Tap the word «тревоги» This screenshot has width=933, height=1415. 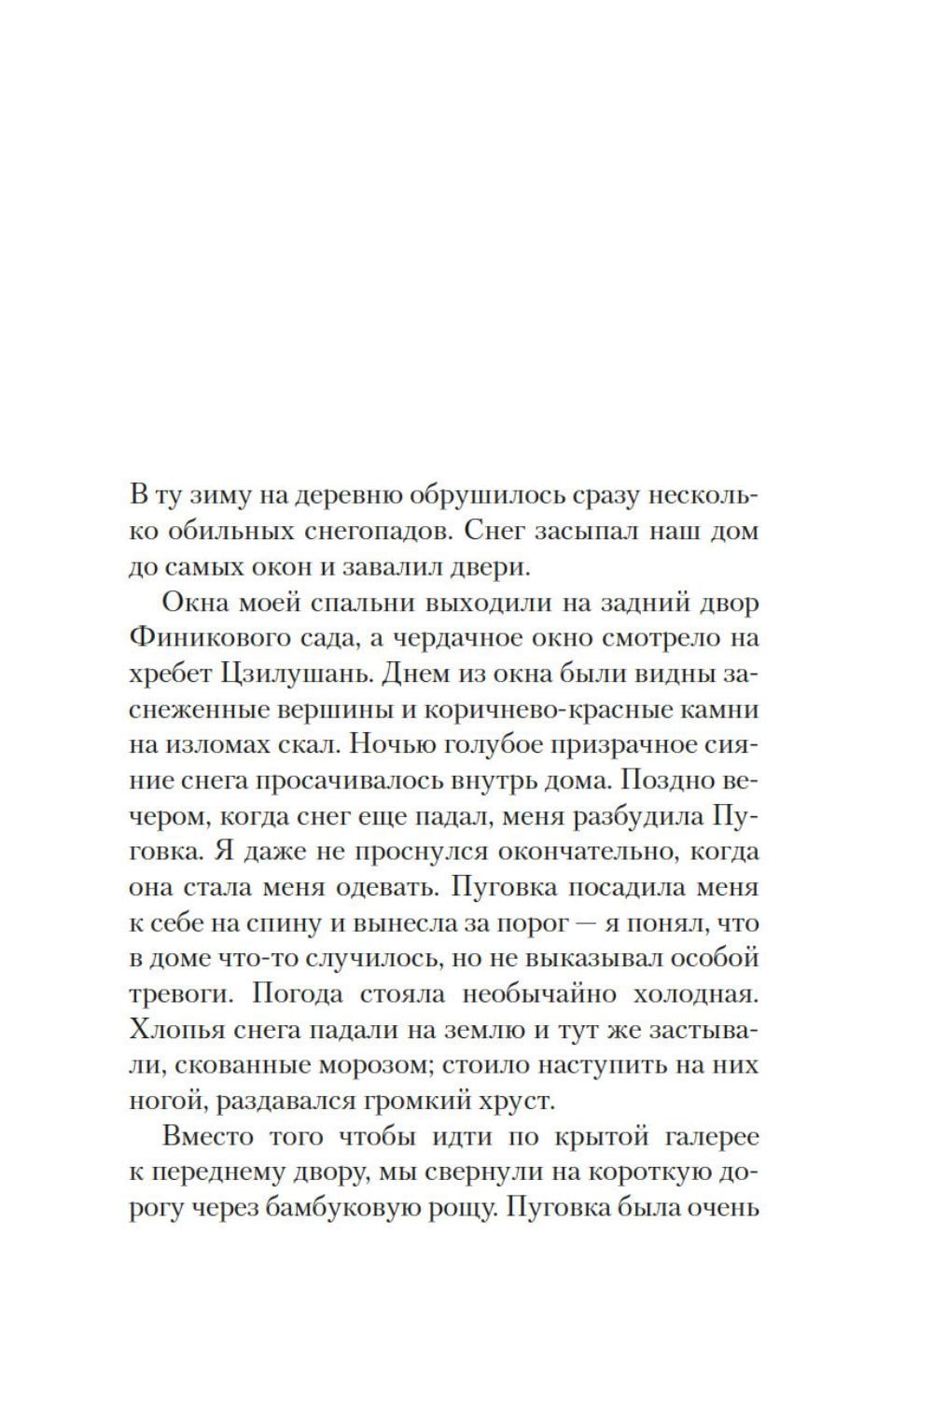coord(181,993)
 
